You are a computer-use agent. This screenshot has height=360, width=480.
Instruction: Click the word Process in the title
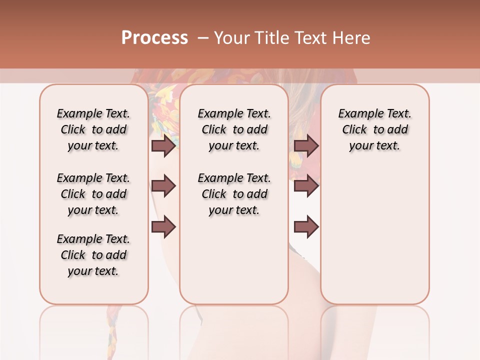[154, 38]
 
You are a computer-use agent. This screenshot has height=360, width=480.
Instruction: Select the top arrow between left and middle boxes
[163, 145]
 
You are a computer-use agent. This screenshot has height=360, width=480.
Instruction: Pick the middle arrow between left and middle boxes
[163, 186]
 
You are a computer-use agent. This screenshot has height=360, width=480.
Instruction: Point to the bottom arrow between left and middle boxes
[163, 227]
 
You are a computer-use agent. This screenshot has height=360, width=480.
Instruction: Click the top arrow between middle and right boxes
[306, 145]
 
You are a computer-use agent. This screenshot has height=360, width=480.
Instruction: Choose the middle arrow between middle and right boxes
[306, 186]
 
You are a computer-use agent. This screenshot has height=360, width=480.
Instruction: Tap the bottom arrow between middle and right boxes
[306, 227]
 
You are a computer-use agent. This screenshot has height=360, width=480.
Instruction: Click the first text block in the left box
[93, 129]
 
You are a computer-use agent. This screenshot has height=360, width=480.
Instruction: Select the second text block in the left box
[93, 194]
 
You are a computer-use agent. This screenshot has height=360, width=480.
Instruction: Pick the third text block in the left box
[93, 255]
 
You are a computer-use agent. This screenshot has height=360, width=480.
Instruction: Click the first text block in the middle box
[234, 129]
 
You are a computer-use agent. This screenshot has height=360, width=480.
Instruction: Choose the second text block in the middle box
[234, 194]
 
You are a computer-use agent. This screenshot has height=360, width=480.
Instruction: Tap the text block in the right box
[375, 129]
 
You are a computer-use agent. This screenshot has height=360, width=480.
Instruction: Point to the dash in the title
[203, 38]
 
